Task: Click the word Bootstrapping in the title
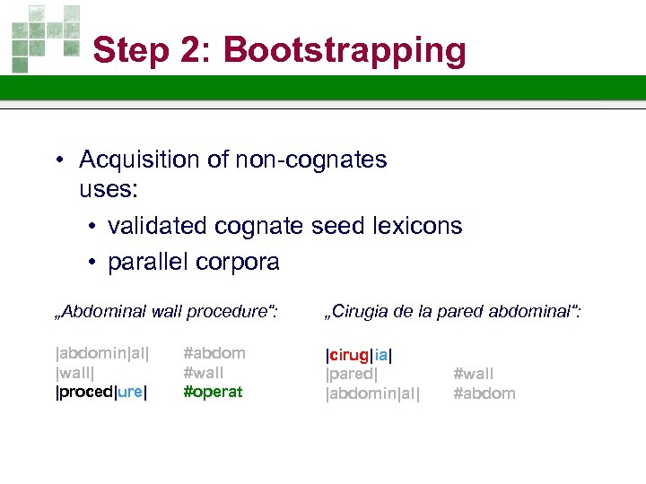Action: pos(345,50)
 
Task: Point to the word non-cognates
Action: pos(311,160)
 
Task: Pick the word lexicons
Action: pos(418,226)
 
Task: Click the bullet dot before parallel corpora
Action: pos(93,262)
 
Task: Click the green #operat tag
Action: pos(213,392)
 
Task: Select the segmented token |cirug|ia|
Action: pos(358,354)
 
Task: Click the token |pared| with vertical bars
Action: pos(351,373)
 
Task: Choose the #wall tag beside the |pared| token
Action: pos(473,374)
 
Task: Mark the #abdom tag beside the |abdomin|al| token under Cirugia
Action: pos(484,393)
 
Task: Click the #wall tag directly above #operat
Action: pos(204,373)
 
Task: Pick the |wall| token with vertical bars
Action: pos(76,373)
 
